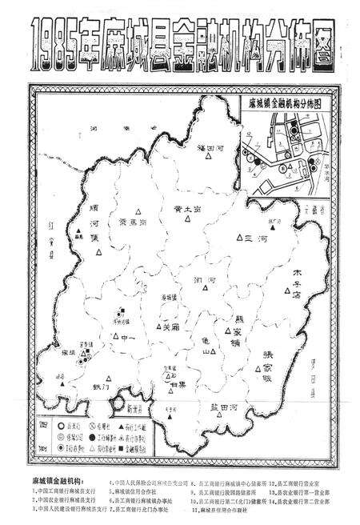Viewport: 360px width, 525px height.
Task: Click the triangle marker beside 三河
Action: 240,238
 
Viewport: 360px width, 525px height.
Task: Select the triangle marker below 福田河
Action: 203,161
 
